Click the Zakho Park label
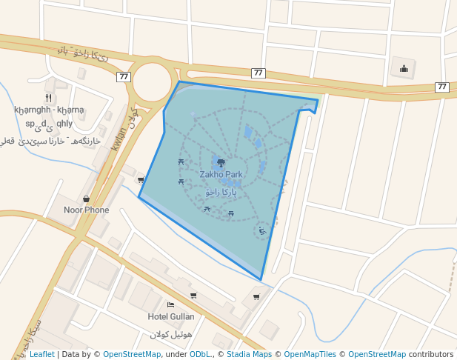click(221, 175)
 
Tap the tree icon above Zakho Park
click(221, 162)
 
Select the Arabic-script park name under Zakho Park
click(221, 191)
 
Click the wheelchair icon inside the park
click(262, 231)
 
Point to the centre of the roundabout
click(152, 82)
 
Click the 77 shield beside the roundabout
click(124, 76)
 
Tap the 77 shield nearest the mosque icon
click(442, 87)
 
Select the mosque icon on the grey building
click(404, 70)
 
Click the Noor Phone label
click(86, 210)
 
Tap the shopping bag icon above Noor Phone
click(87, 199)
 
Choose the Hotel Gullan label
click(171, 317)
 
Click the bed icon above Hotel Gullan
click(171, 304)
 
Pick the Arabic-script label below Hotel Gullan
click(171, 334)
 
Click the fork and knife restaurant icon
click(48, 98)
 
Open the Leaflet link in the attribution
click(41, 355)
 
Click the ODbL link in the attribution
click(200, 355)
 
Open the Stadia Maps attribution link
click(249, 355)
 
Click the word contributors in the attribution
click(431, 355)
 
